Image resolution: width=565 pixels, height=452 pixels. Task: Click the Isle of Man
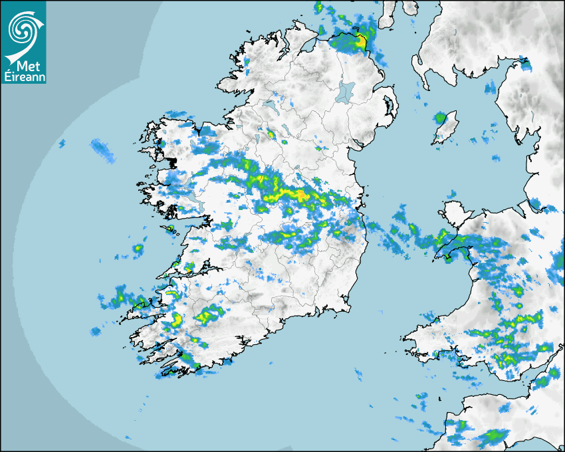(446, 128)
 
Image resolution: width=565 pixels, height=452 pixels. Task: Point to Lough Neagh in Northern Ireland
(345, 91)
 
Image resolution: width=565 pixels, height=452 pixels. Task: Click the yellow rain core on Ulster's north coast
(361, 41)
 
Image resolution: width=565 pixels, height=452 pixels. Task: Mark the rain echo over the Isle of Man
(440, 119)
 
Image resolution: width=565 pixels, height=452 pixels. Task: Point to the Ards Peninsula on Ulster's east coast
(392, 106)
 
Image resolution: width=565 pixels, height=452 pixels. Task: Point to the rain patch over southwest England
(492, 435)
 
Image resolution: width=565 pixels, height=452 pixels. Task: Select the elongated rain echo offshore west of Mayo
(103, 150)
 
